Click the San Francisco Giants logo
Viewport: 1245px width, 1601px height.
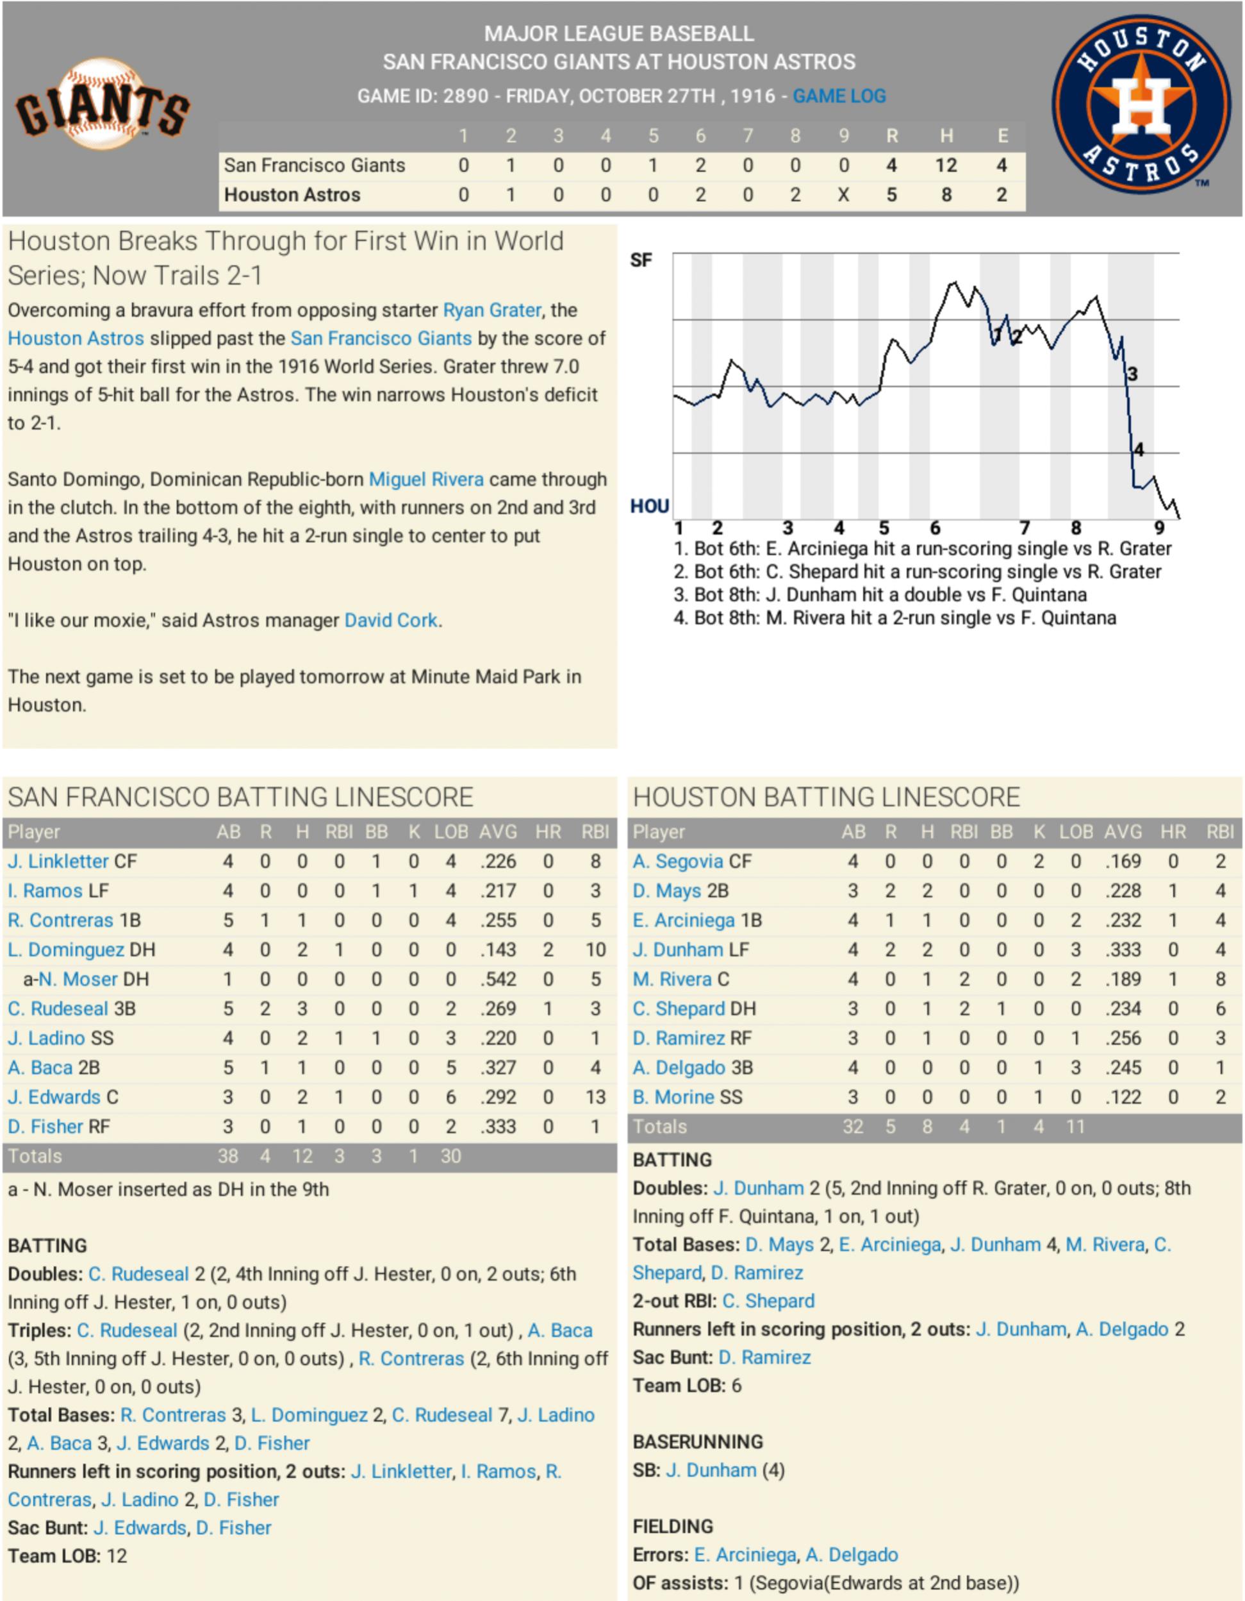pyautogui.click(x=103, y=105)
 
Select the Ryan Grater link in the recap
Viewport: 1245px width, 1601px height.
pyautogui.click(x=491, y=310)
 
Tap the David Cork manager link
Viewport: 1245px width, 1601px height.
pyautogui.click(x=392, y=620)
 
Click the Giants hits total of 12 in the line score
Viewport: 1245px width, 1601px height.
pyautogui.click(x=945, y=165)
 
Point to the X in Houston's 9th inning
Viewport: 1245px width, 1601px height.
pyautogui.click(x=843, y=195)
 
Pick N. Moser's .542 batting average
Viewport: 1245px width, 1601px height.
pyautogui.click(x=499, y=979)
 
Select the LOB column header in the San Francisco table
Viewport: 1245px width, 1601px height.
pyautogui.click(x=450, y=832)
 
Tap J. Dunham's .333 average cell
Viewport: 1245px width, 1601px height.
pyautogui.click(x=1123, y=950)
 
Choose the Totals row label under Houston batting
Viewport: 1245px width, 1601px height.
pyautogui.click(x=659, y=1127)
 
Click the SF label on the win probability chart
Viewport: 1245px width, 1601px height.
pyautogui.click(x=641, y=260)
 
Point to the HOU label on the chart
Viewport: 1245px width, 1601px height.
pyautogui.click(x=649, y=507)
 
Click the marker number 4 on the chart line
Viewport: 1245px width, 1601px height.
pyautogui.click(x=1139, y=449)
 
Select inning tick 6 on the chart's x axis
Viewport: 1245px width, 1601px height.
pyautogui.click(x=935, y=528)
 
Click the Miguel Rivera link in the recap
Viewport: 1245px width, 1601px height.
pyautogui.click(x=425, y=480)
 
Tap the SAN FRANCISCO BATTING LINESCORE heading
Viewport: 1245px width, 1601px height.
pyautogui.click(x=240, y=797)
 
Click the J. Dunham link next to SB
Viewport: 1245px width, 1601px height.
pyautogui.click(x=711, y=1470)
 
